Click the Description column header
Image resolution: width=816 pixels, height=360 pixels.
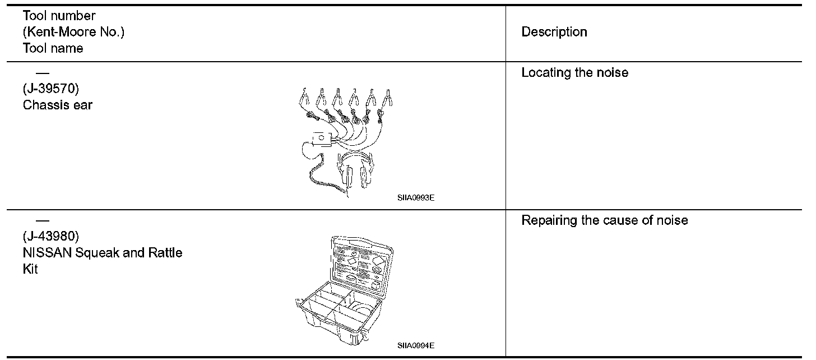pyautogui.click(x=554, y=32)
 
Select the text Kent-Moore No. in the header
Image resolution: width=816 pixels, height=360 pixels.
pyautogui.click(x=73, y=32)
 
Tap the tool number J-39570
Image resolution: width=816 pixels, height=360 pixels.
pyautogui.click(x=54, y=89)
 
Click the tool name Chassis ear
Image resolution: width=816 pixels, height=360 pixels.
pyautogui.click(x=57, y=104)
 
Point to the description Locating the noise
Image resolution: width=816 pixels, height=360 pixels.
pyautogui.click(x=574, y=72)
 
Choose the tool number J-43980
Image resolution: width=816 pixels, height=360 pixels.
pyautogui.click(x=54, y=237)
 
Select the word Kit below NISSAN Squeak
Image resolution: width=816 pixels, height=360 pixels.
pyautogui.click(x=30, y=269)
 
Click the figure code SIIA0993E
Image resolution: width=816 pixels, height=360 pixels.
pyautogui.click(x=415, y=197)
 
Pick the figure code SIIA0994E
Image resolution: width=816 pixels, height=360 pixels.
pyautogui.click(x=415, y=345)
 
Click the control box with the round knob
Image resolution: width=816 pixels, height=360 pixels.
pyautogui.click(x=322, y=138)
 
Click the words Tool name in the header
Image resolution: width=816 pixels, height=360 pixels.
pyautogui.click(x=53, y=48)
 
